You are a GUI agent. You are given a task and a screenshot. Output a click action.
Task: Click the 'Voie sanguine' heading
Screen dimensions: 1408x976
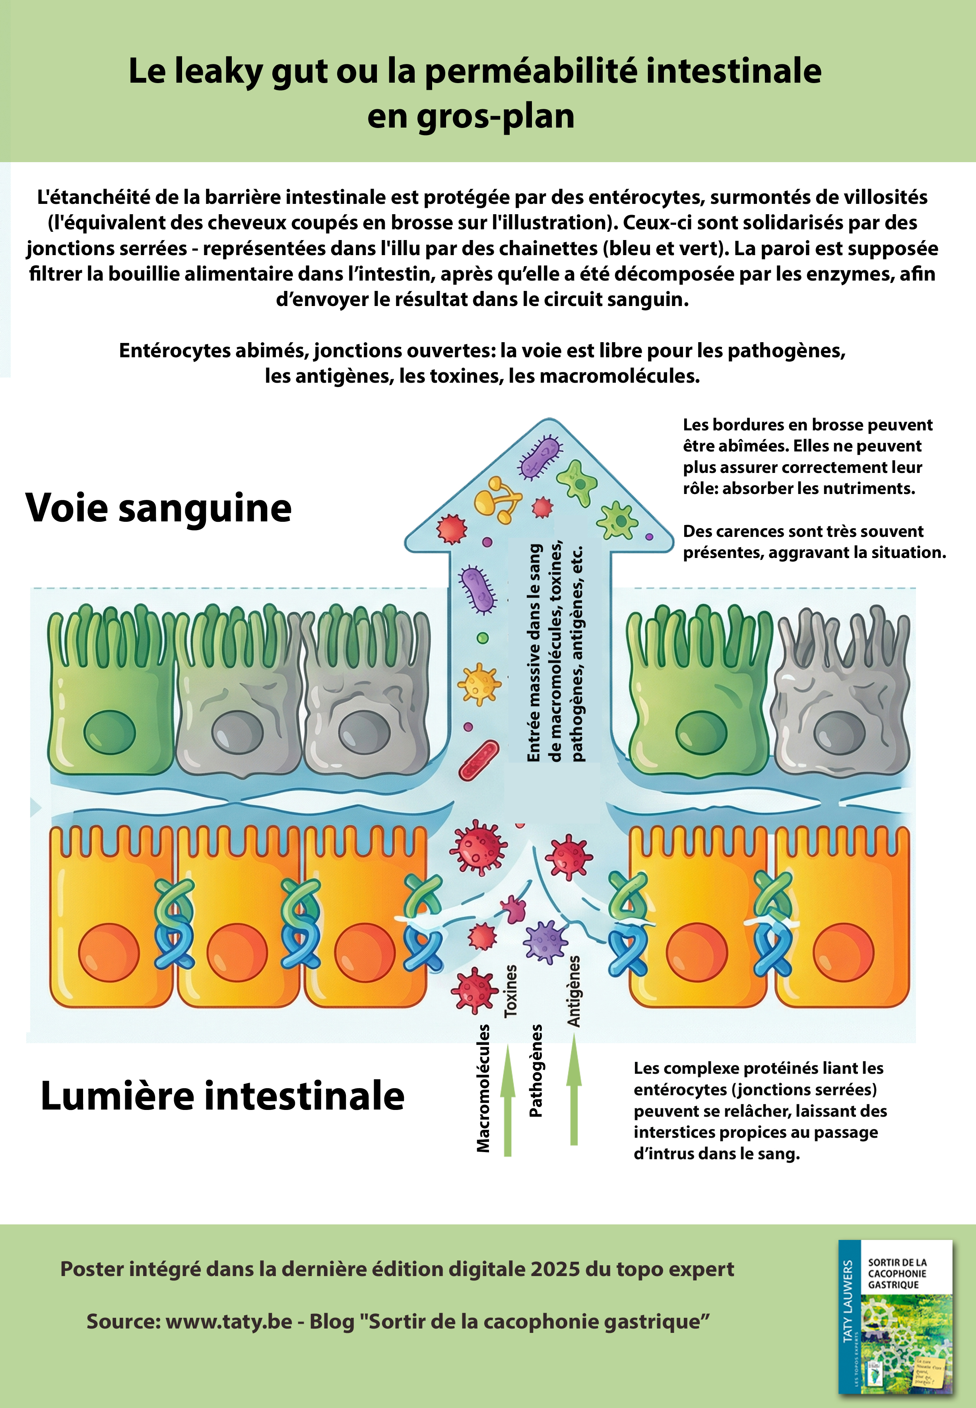point(158,508)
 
